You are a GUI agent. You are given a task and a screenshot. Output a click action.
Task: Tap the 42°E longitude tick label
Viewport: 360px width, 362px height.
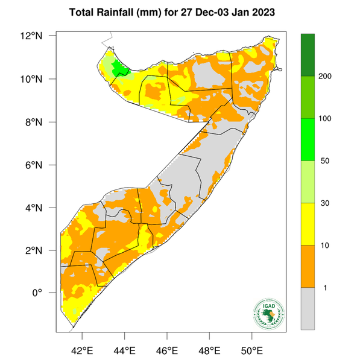click(81, 349)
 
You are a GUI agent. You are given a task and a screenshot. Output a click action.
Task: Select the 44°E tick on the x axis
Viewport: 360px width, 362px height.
click(124, 349)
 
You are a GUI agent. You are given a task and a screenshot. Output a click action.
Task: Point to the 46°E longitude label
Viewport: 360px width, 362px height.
click(167, 349)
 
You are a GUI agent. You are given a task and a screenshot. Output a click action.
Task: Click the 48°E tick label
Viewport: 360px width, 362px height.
click(209, 349)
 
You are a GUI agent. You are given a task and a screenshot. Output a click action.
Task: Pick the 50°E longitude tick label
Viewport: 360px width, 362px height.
click(252, 349)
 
